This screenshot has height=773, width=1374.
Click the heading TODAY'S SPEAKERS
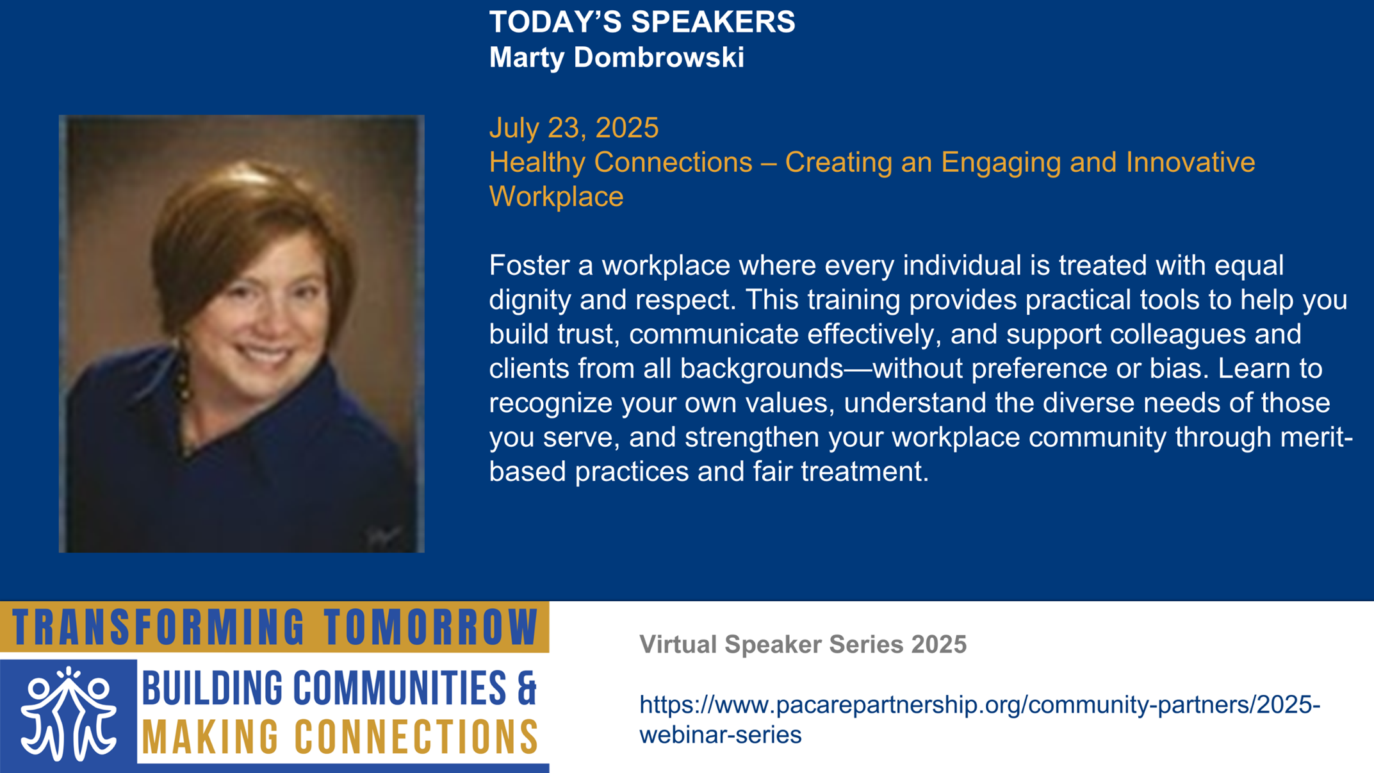pos(642,22)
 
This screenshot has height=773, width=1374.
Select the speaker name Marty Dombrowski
pos(616,58)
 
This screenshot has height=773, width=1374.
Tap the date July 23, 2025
pos(574,128)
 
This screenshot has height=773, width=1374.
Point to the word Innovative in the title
pos(1190,162)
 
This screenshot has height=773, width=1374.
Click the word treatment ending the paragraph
pos(864,472)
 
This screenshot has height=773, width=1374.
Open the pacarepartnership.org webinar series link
pos(979,720)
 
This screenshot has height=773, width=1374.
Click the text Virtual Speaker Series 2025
pos(803,644)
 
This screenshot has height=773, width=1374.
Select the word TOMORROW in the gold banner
pos(430,627)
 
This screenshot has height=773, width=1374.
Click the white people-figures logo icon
pos(69,714)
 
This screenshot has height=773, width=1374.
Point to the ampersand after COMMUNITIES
pos(527,688)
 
